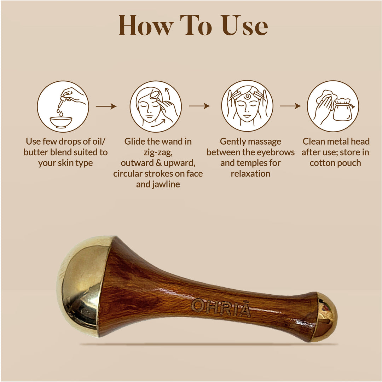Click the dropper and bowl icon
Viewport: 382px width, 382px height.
63,106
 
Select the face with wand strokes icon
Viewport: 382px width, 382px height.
156,106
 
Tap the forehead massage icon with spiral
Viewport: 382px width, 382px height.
247,106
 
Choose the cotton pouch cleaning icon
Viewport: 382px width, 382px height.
333,106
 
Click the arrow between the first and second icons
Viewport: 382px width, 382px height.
106,106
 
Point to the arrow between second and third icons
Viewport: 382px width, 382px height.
199,106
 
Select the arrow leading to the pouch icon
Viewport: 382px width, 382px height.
290,106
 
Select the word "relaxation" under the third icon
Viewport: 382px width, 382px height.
250,174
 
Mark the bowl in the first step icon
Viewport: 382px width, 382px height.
61,122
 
